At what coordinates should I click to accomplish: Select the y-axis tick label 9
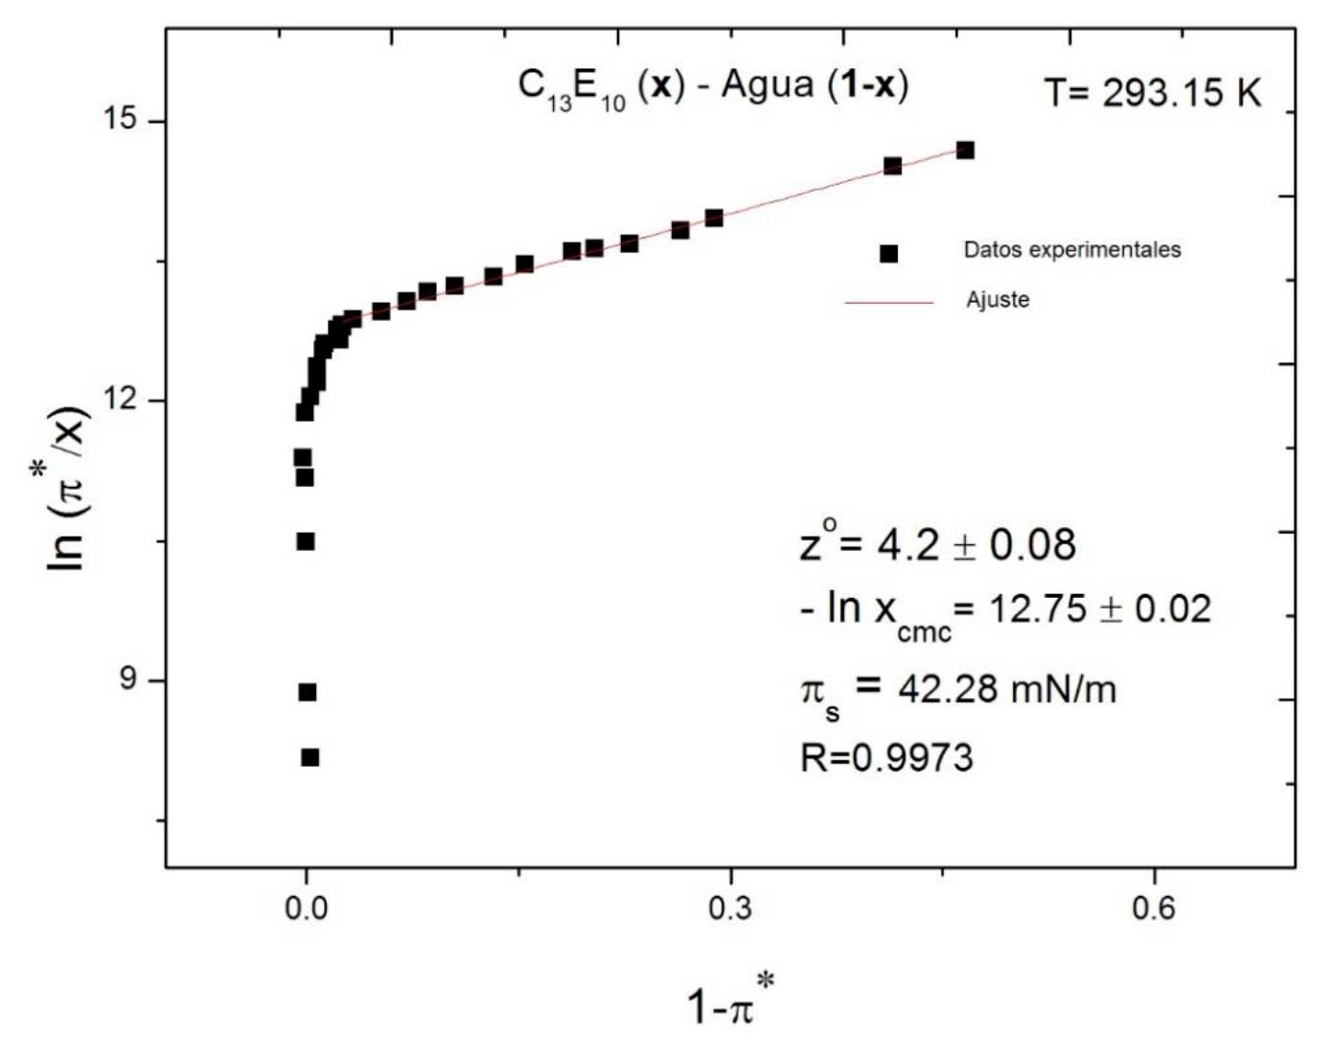coord(128,679)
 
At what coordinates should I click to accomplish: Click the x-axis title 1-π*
coord(730,1001)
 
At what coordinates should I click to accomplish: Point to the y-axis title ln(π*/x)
coord(69,489)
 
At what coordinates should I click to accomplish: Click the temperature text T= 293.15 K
coord(1153,93)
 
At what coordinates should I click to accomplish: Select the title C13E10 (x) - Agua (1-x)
coord(713,86)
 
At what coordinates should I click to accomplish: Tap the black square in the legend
coord(889,254)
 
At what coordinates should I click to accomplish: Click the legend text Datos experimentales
coord(1071,250)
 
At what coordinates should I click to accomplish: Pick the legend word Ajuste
coord(998,300)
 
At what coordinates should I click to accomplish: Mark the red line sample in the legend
coord(888,303)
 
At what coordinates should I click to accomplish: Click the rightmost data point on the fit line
coord(965,150)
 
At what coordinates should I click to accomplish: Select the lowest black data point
coord(310,758)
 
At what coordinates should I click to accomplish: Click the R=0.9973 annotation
coord(886,758)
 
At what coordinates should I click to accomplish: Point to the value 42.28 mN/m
coord(1006,689)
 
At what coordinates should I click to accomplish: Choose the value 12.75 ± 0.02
coord(1099,609)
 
